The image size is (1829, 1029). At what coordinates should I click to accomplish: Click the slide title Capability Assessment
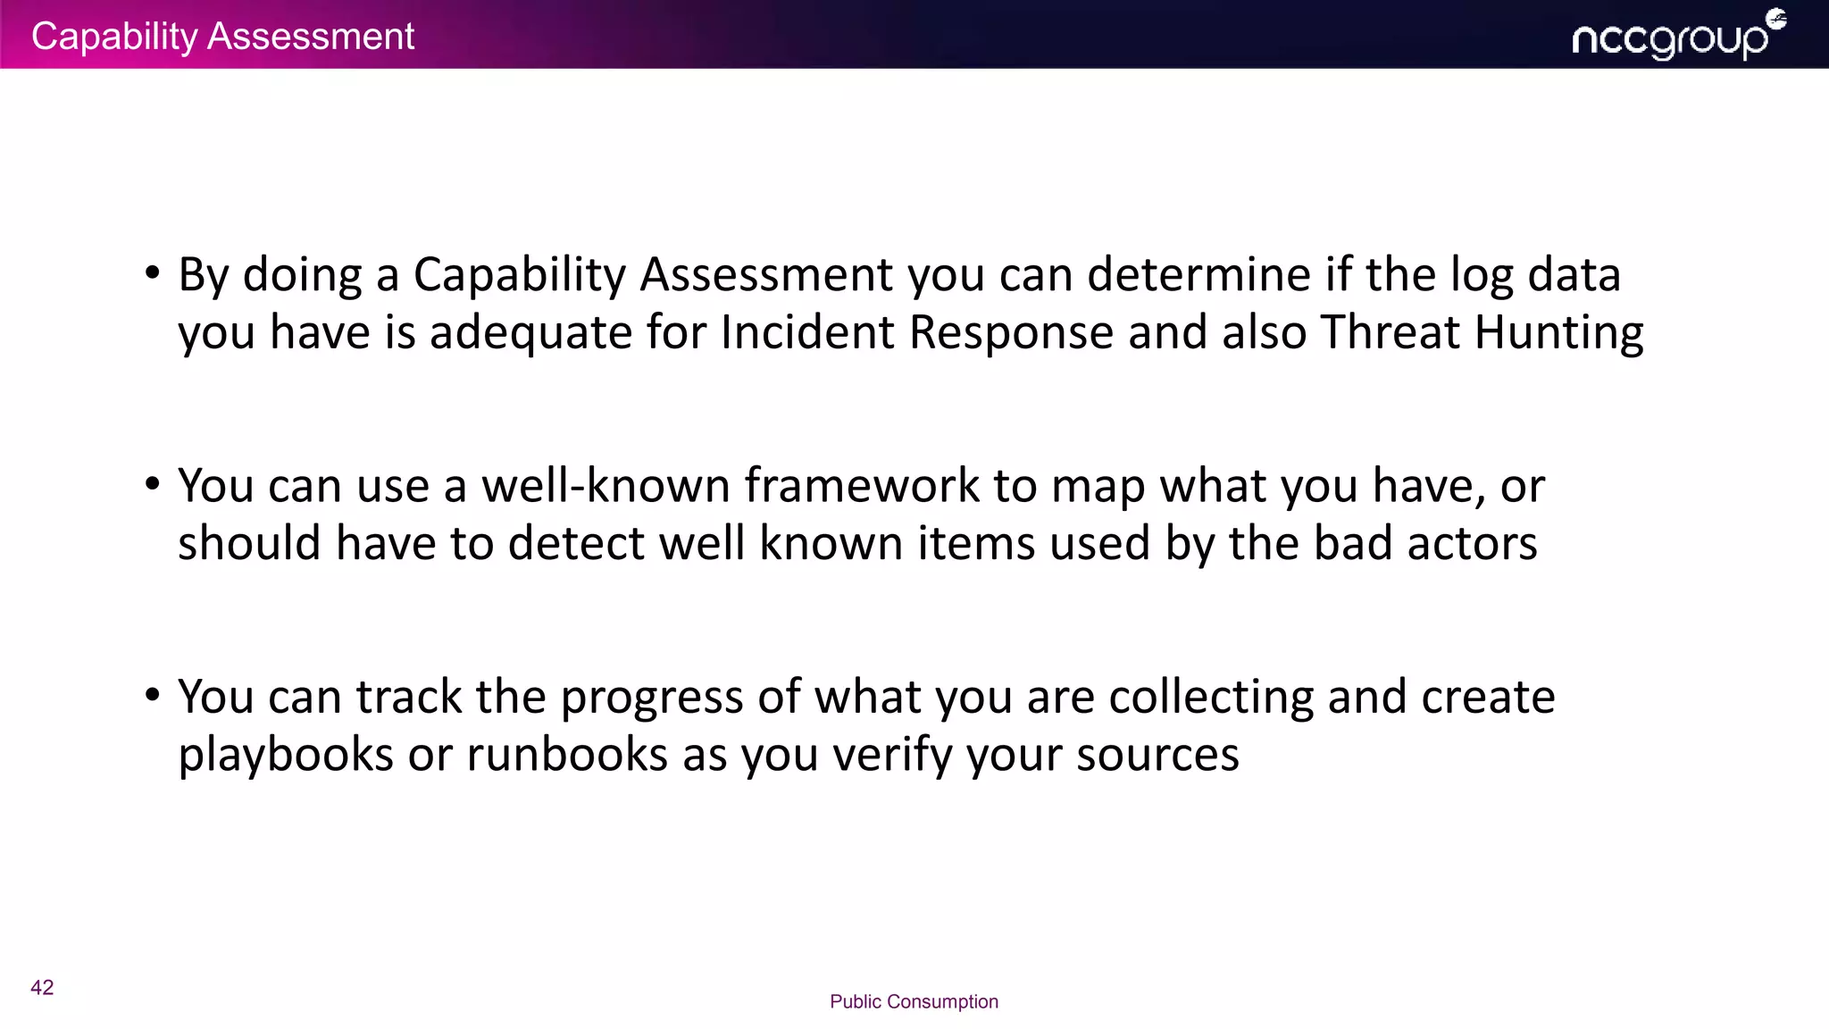pyautogui.click(x=222, y=37)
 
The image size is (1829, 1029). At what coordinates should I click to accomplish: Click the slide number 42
pyautogui.click(x=42, y=987)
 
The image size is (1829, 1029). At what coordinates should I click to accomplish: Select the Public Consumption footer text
pyautogui.click(x=914, y=1001)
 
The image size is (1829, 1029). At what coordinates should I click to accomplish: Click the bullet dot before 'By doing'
pyautogui.click(x=153, y=272)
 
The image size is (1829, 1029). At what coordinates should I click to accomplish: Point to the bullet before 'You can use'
pyautogui.click(x=153, y=484)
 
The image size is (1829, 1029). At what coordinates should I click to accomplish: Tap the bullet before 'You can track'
pyautogui.click(x=153, y=695)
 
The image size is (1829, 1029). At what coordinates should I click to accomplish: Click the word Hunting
pyautogui.click(x=1558, y=333)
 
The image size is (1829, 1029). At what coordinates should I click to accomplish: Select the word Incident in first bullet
pyautogui.click(x=807, y=332)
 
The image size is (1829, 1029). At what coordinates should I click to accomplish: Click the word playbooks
pyautogui.click(x=286, y=755)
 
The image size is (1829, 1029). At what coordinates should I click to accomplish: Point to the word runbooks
pyautogui.click(x=567, y=755)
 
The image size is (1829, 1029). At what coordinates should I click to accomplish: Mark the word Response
pyautogui.click(x=1011, y=333)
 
